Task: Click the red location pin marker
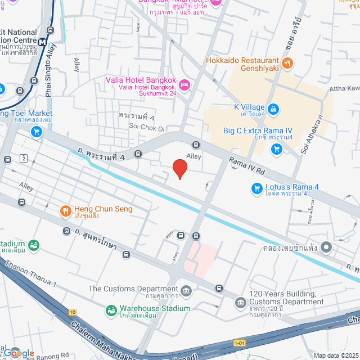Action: click(x=179, y=168)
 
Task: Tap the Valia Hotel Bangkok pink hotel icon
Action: click(x=185, y=85)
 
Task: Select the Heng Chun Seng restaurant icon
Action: click(x=66, y=211)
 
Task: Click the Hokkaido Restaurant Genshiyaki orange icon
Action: click(x=287, y=64)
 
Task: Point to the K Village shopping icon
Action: click(x=273, y=108)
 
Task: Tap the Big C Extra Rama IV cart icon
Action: click(x=276, y=149)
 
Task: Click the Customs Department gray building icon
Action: click(x=187, y=291)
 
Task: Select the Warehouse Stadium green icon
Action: click(x=111, y=309)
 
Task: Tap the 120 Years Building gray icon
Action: click(x=241, y=302)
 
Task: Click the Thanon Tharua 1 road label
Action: click(x=31, y=274)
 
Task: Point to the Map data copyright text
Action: click(x=335, y=355)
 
